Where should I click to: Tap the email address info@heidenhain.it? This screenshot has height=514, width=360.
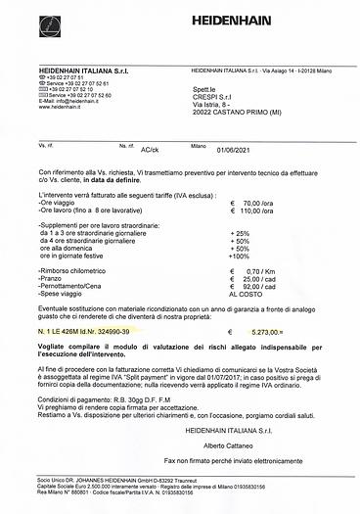(80, 101)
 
